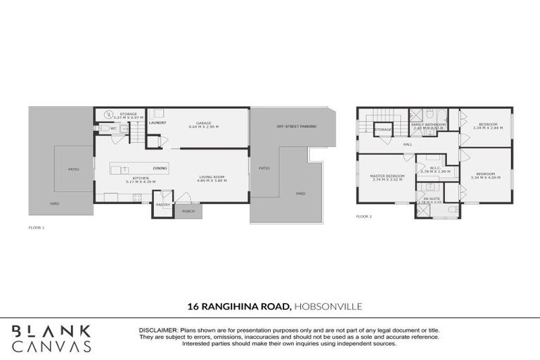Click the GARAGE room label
[x=204, y=124]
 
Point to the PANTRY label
[x=163, y=205]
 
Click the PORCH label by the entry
[x=188, y=211]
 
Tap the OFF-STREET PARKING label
[x=296, y=126]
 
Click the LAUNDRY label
[x=157, y=122]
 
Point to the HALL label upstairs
[x=407, y=144]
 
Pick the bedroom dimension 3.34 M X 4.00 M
[x=485, y=176]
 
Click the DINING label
[x=160, y=168]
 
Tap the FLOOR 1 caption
[x=36, y=229]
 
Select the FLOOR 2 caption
[x=364, y=216]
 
